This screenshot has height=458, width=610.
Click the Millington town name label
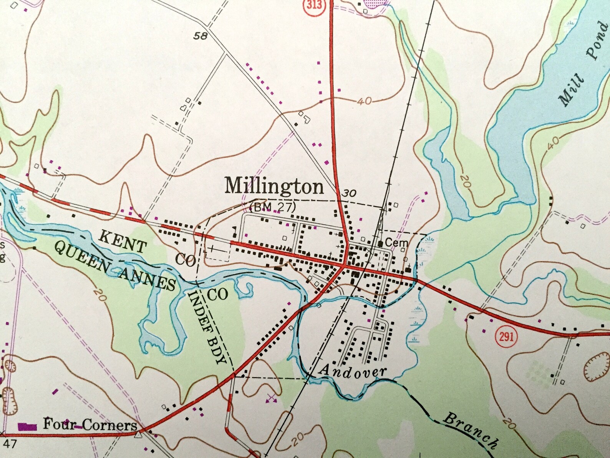pos(274,187)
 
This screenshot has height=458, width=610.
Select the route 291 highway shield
pos(506,336)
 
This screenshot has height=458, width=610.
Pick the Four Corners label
pos(90,425)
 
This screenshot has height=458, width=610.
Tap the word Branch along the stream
pos(471,429)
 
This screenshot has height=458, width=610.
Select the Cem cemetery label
pos(396,243)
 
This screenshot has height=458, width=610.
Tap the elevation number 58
pos(201,36)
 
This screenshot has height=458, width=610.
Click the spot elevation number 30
pos(349,193)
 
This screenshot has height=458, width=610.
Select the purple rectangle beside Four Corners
pos(27,426)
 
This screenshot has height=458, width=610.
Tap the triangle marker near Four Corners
pos(138,435)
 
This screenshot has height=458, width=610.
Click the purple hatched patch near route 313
pos(375,4)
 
